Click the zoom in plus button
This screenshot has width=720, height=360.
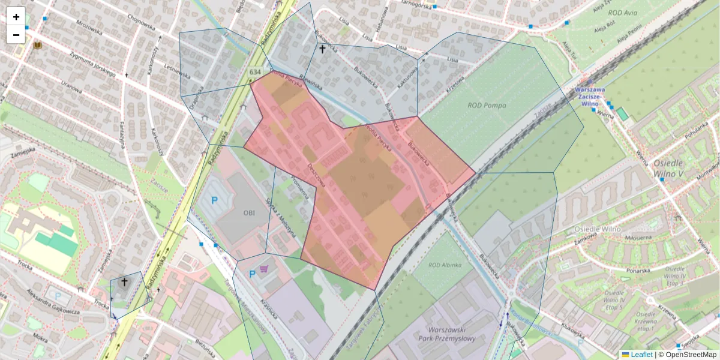tap(16, 17)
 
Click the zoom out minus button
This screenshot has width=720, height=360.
tap(16, 35)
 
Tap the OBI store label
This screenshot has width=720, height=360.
tap(250, 212)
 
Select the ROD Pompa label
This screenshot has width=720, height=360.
tap(487, 106)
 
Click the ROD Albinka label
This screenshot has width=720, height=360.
tap(445, 265)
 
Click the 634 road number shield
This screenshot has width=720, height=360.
tap(255, 72)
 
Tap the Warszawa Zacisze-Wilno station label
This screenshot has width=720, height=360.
tap(590, 96)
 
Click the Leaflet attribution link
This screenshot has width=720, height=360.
tap(641, 355)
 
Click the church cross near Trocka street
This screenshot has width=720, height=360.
tap(124, 282)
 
